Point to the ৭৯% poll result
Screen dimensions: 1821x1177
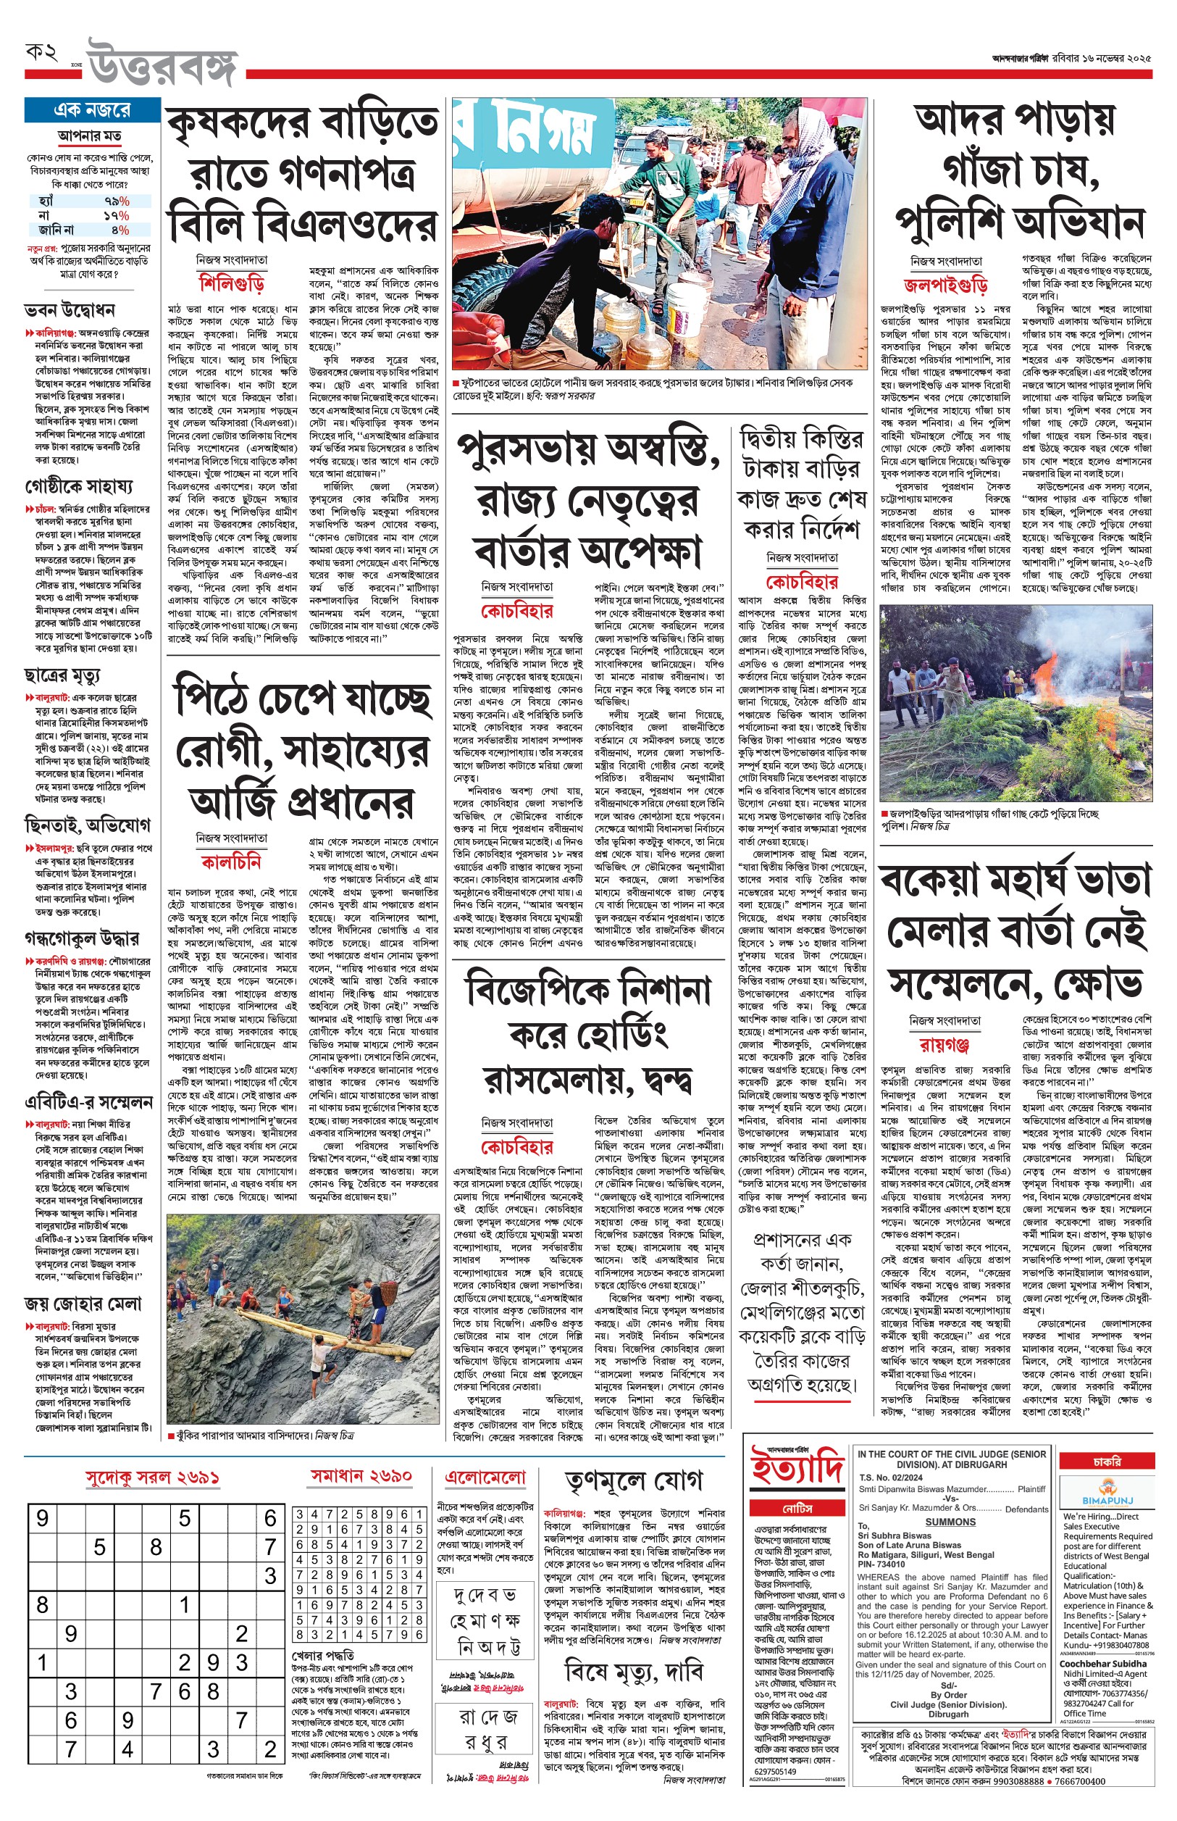click(116, 201)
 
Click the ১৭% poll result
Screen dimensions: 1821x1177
click(116, 216)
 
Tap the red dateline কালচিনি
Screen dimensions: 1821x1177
click(231, 862)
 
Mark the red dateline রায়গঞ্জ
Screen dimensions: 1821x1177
click(944, 1045)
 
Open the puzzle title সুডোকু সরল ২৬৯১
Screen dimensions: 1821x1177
click(152, 1478)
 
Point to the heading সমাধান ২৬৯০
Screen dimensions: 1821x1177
click(361, 1475)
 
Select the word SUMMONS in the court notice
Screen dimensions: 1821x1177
click(950, 1522)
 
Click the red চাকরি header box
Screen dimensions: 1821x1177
click(1106, 1462)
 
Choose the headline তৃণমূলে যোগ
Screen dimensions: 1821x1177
click(634, 1481)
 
